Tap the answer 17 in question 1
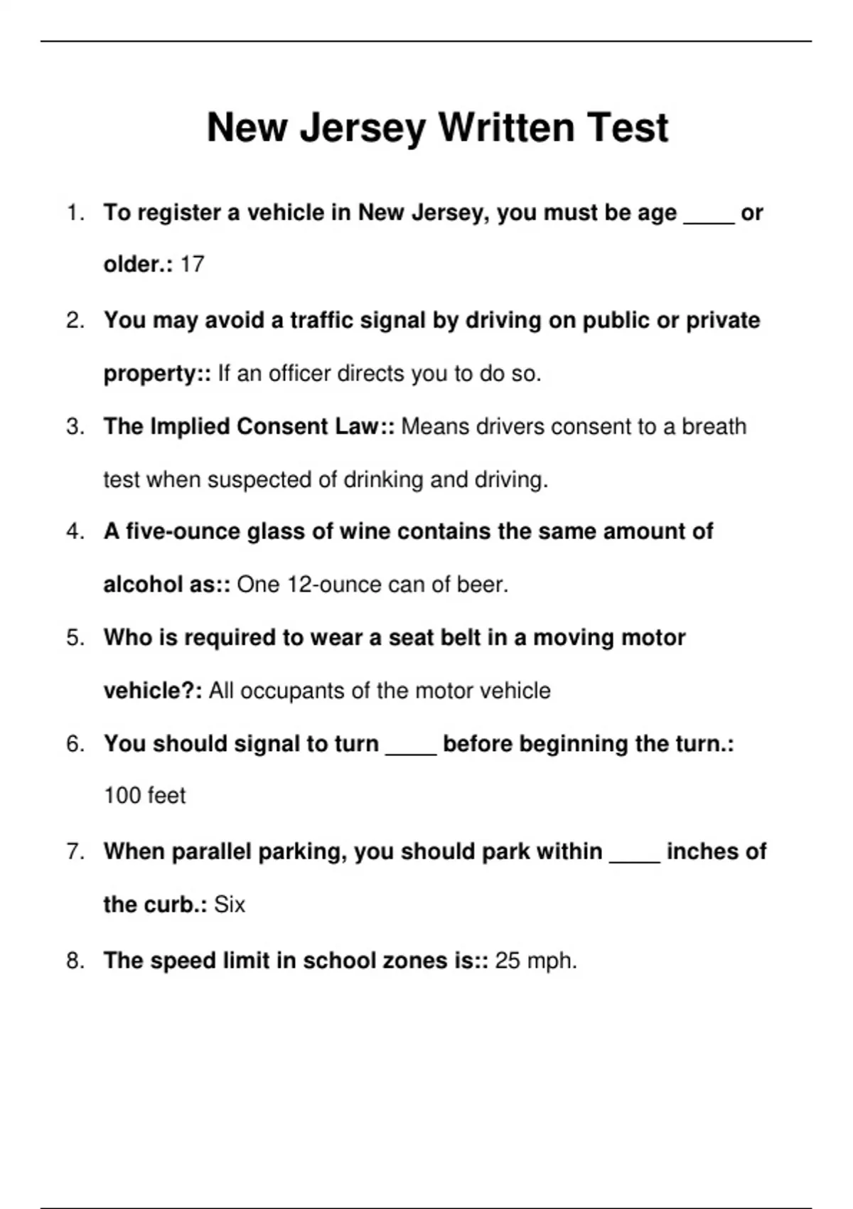click(x=192, y=265)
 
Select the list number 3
click(x=75, y=427)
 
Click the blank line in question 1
click(x=709, y=222)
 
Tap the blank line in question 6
click(x=411, y=753)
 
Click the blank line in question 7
click(x=635, y=861)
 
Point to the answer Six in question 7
click(x=229, y=905)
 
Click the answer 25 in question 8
click(x=508, y=961)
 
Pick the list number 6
click(x=75, y=744)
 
